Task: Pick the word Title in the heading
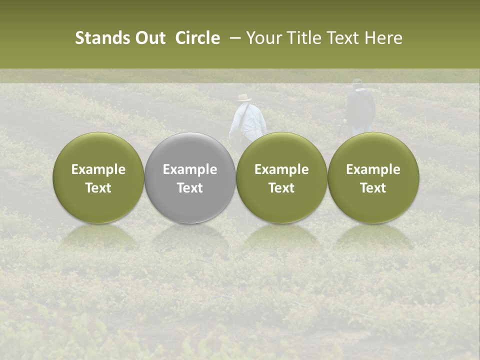[x=305, y=38]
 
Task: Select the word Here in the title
[x=384, y=38]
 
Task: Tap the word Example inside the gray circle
[x=190, y=169]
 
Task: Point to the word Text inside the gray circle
[x=190, y=188]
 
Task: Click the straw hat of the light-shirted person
[x=244, y=98]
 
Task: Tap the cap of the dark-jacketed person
[x=357, y=81]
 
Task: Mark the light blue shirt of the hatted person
[x=248, y=120]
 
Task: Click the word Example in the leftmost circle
[x=98, y=169]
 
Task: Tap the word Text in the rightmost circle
[x=373, y=188]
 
